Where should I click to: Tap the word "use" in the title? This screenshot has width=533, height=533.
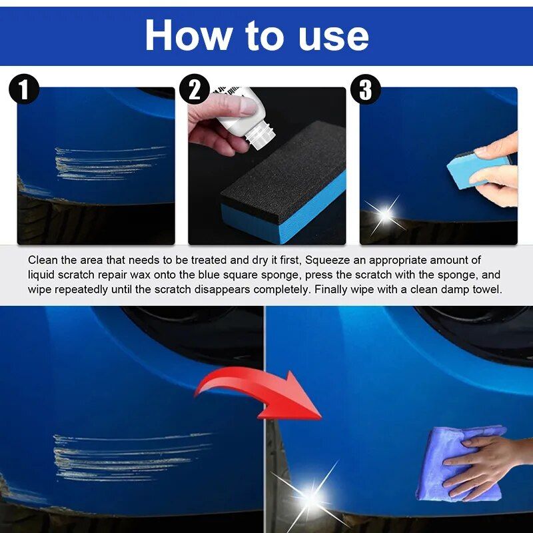334,36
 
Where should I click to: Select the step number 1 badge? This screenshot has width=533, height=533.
24,90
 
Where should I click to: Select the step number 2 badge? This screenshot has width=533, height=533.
195,90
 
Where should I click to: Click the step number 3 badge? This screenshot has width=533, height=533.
366,90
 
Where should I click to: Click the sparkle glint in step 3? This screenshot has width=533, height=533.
384,214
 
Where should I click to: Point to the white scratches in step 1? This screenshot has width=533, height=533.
107,161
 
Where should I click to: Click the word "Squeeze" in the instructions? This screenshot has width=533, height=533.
327,260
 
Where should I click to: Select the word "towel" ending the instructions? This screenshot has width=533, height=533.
487,290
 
